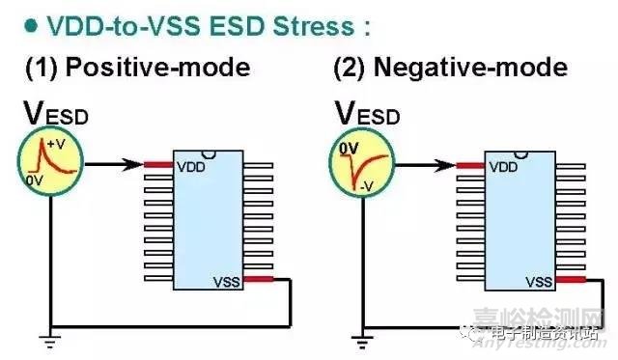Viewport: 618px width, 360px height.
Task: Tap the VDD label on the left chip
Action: pos(189,166)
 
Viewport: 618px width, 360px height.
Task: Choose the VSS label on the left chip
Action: pos(224,282)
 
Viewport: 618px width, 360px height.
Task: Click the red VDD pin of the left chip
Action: pos(157,165)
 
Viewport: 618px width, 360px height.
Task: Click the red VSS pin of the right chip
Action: pos(570,281)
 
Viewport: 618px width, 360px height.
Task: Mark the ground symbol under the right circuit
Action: pos(360,338)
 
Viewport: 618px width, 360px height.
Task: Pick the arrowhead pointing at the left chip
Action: pos(135,165)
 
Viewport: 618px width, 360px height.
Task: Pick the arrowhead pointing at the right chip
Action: pos(448,165)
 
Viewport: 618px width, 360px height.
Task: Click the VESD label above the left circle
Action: pos(55,114)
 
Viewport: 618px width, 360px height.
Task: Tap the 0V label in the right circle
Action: pos(347,149)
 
